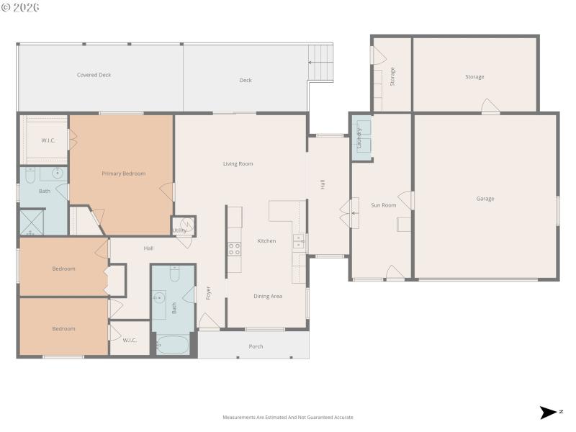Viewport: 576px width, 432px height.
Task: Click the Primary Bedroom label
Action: pyautogui.click(x=123, y=174)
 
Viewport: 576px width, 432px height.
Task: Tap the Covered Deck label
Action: pyautogui.click(x=94, y=75)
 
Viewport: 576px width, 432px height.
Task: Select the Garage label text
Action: pyautogui.click(x=485, y=199)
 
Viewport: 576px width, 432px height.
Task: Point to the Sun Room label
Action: pyautogui.click(x=383, y=205)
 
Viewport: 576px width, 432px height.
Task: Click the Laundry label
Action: pyautogui.click(x=359, y=137)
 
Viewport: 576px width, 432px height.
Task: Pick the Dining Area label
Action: pyautogui.click(x=267, y=296)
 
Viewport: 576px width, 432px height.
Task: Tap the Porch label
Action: pyautogui.click(x=256, y=346)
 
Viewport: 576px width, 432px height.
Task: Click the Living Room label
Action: pyautogui.click(x=238, y=164)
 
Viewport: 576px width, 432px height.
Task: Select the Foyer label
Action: pyautogui.click(x=209, y=294)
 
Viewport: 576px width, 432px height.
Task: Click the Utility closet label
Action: pyautogui.click(x=179, y=230)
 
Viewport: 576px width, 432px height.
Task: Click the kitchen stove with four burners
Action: pyautogui.click(x=235, y=249)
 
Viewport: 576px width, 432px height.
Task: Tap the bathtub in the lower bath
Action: pyautogui.click(x=173, y=345)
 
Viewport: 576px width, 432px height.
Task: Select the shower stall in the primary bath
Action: pyautogui.click(x=32, y=222)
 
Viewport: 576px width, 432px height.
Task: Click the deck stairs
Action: pyautogui.click(x=321, y=55)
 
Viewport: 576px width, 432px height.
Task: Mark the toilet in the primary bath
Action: pyautogui.click(x=30, y=175)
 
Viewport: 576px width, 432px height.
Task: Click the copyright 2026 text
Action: pyautogui.click(x=20, y=7)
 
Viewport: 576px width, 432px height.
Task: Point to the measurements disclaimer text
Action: pyautogui.click(x=288, y=417)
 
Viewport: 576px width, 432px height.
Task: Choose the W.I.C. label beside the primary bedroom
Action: pyautogui.click(x=48, y=140)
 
